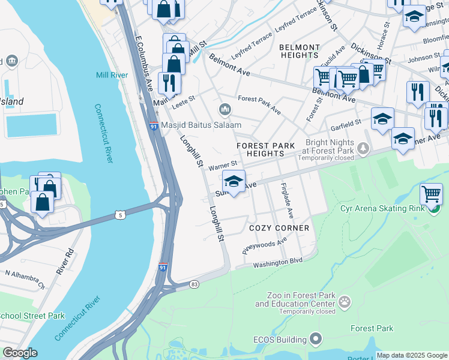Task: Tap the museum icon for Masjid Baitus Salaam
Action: click(x=226, y=109)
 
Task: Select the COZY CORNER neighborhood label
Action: click(x=279, y=228)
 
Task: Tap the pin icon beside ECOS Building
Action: click(x=316, y=340)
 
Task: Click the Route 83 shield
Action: click(x=194, y=284)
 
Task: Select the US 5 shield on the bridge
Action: click(x=121, y=214)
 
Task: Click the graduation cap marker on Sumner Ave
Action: click(x=234, y=181)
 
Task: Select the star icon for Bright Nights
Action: click(x=363, y=146)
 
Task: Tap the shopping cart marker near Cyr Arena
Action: click(x=431, y=194)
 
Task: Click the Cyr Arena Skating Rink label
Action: click(x=382, y=209)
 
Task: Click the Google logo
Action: click(x=20, y=353)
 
